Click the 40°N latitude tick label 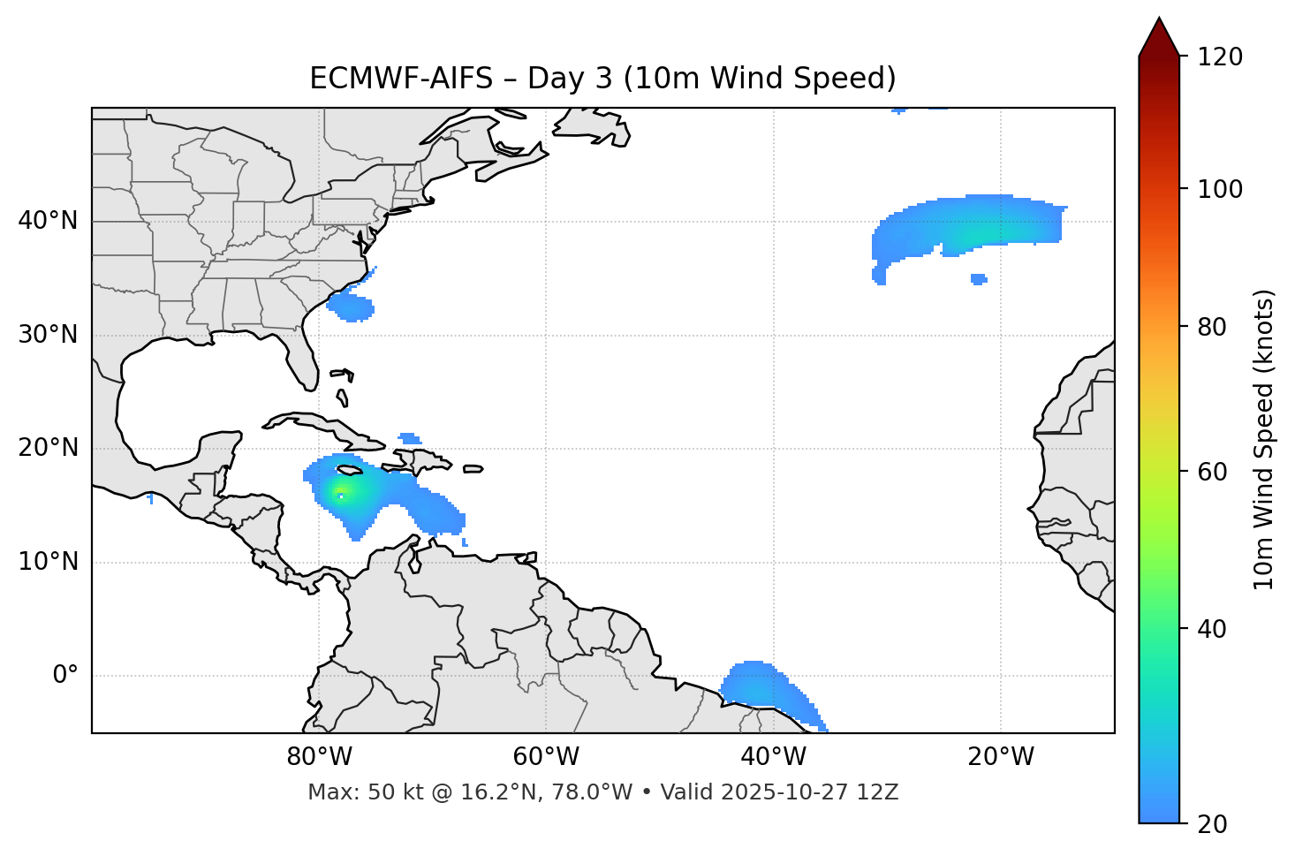coord(48,221)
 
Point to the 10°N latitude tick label coord(48,562)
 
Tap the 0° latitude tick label coord(64,676)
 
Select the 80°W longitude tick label coord(319,757)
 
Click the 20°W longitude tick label coord(1001,757)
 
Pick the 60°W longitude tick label coord(546,757)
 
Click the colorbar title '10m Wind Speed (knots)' coord(1264,439)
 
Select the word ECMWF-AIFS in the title coord(400,79)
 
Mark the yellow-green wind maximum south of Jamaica coord(340,493)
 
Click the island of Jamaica coord(350,470)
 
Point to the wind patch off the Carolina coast coord(352,307)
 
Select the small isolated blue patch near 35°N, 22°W coord(978,279)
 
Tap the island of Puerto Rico coord(473,469)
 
